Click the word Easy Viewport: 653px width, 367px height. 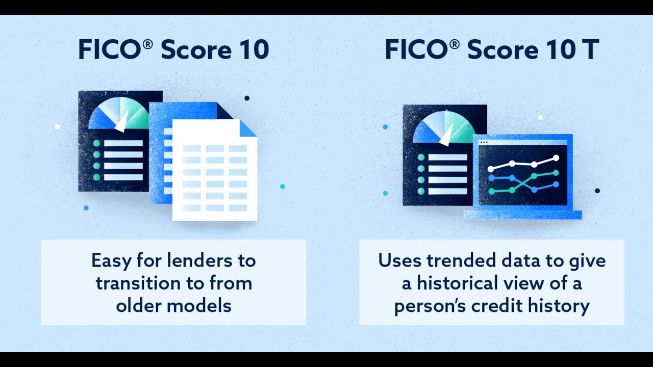point(111,260)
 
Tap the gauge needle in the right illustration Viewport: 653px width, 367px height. point(446,137)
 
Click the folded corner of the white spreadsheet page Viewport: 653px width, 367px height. point(248,128)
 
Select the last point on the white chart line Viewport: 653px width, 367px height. point(556,158)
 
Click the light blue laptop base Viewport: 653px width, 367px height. point(522,215)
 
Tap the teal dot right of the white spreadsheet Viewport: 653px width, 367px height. point(283,187)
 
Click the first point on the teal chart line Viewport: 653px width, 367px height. point(491,192)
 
